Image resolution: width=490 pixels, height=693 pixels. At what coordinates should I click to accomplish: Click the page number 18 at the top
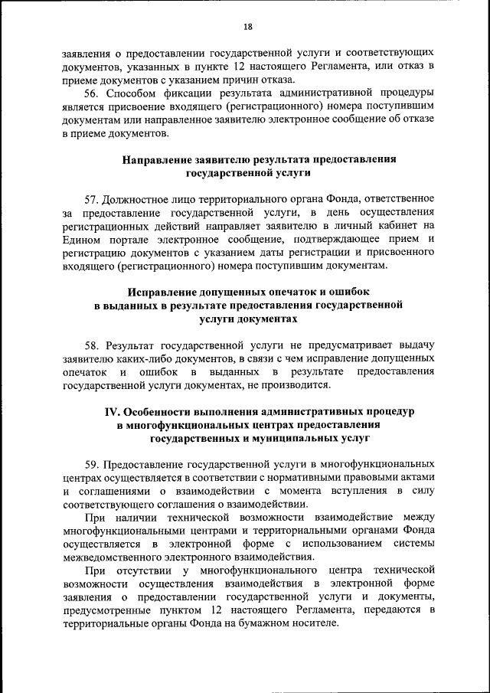[x=247, y=27]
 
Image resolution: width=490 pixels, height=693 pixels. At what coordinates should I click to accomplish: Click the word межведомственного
[x=106, y=557]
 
